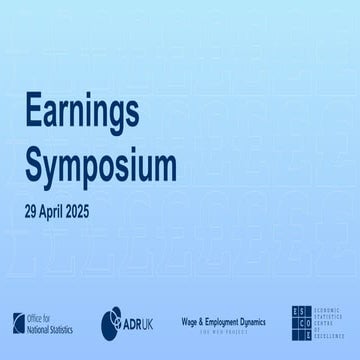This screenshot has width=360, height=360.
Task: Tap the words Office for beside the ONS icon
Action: (x=41, y=317)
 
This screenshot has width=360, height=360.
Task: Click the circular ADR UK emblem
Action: (x=111, y=321)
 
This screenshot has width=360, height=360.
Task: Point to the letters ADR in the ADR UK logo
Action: (x=132, y=322)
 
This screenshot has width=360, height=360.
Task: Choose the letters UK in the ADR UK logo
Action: (x=149, y=322)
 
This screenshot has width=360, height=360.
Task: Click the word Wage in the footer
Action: (x=190, y=317)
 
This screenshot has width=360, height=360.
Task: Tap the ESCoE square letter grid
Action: (x=300, y=321)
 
